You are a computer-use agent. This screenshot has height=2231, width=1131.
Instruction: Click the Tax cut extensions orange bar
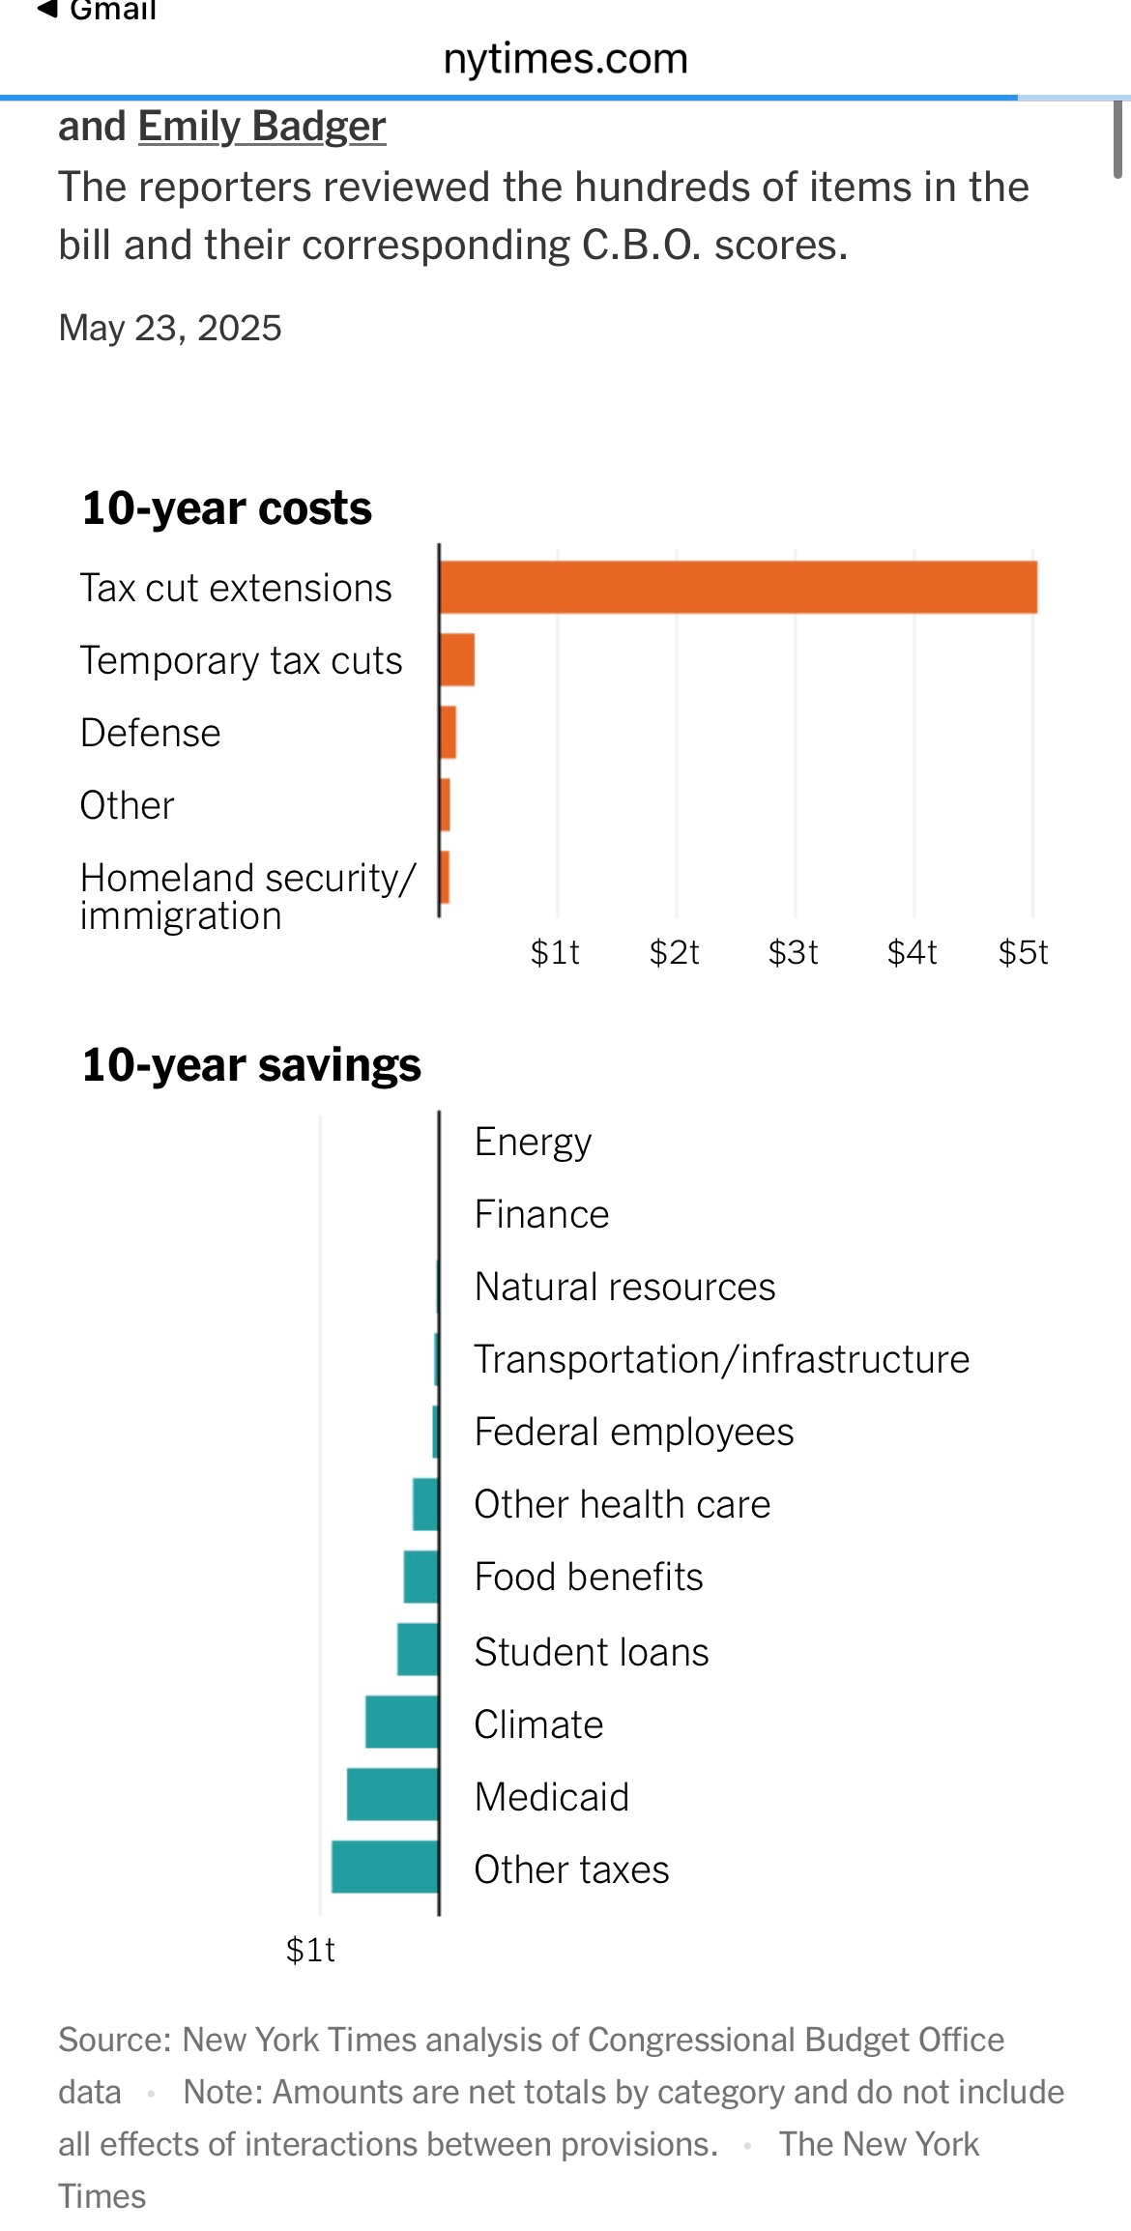pos(739,588)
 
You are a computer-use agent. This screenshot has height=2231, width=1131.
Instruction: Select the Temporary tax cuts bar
pos(457,660)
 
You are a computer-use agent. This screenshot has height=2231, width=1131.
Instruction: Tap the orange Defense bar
pos(448,733)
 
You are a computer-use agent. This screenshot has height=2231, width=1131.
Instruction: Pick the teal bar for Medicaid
pos(392,1795)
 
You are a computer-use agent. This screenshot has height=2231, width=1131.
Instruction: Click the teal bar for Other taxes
pos(385,1868)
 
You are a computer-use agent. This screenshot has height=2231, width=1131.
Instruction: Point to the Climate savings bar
pos(402,1723)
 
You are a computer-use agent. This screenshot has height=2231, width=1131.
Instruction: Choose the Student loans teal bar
pos(418,1650)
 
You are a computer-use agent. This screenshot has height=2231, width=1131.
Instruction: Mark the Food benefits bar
pos(421,1578)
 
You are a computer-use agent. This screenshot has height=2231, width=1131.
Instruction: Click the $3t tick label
pos(793,953)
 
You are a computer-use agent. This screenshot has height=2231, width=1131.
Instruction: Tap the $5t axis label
pos(1023,953)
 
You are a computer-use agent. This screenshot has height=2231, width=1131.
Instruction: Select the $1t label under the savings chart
pos(310,1951)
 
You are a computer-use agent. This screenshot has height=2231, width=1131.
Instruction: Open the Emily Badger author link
pos(262,127)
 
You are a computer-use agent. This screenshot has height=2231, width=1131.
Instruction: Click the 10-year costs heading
pos(227,508)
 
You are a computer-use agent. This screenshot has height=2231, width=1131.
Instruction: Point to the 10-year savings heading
pos(251,1065)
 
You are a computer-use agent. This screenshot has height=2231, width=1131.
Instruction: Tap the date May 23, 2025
pos(170,329)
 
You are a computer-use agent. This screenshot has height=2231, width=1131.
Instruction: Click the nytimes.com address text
pos(565,59)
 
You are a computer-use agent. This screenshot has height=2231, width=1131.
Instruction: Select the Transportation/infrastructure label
pos(721,1360)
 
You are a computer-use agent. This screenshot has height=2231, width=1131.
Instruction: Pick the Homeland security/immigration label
pos(247,896)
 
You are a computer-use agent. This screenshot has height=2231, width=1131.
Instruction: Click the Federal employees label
pos(633,1433)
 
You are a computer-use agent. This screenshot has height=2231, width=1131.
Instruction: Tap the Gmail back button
pos(97,11)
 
